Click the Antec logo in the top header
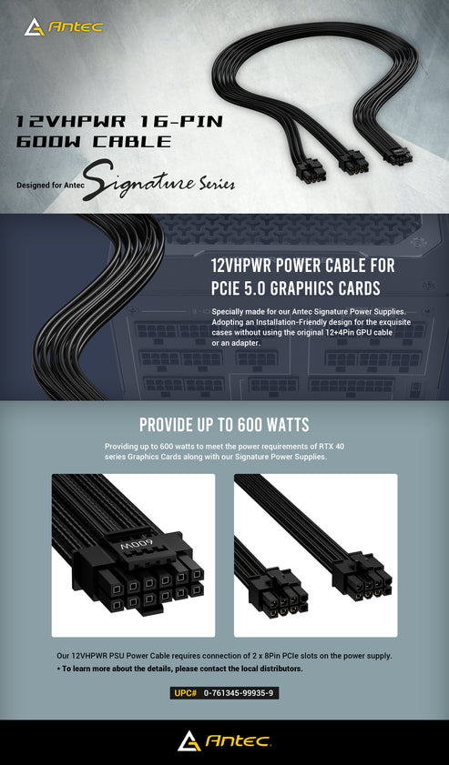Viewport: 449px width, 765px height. [64, 26]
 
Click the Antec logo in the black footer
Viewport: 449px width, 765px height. [225, 740]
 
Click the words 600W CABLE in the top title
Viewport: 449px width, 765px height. [94, 142]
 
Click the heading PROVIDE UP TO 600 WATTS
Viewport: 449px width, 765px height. [224, 425]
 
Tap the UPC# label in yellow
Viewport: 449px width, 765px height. [185, 693]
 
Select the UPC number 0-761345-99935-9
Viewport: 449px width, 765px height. [238, 693]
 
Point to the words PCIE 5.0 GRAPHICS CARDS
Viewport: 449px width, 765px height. [296, 287]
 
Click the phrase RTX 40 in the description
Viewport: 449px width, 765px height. [332, 447]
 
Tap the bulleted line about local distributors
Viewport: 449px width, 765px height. [179, 669]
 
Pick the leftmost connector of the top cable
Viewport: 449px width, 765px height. [308, 173]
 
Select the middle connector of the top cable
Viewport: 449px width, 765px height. [353, 164]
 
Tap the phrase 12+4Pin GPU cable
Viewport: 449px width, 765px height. [355, 332]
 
